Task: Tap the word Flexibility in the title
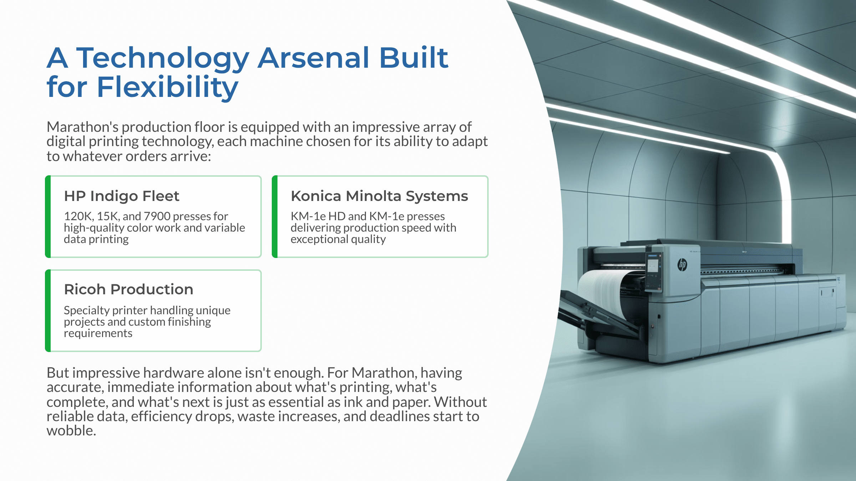tap(167, 87)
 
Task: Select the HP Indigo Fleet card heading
tap(122, 196)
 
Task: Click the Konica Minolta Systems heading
tap(379, 196)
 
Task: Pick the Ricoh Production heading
tap(128, 289)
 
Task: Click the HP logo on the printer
tap(682, 265)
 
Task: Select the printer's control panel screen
tap(653, 265)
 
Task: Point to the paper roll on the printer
tap(603, 292)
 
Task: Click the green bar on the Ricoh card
tap(48, 311)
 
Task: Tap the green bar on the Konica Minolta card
tap(275, 217)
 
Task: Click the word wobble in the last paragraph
tap(71, 431)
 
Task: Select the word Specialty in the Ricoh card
tap(87, 310)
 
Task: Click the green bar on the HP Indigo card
tap(48, 217)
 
